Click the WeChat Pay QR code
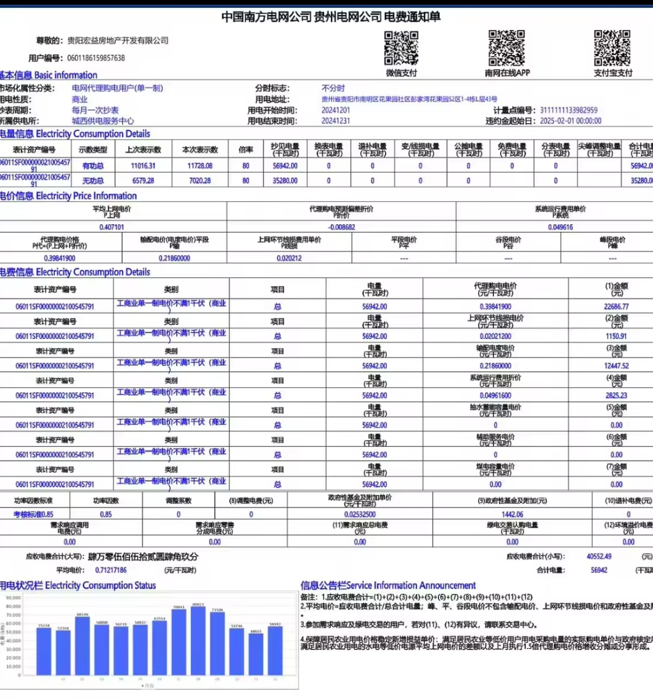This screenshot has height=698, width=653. [x=401, y=48]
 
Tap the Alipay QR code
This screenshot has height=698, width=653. [x=612, y=48]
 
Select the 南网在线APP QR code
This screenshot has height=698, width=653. [x=507, y=48]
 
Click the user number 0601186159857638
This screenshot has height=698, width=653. [x=96, y=58]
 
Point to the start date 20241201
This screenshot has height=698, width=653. [x=336, y=110]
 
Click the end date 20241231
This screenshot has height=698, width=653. [x=336, y=121]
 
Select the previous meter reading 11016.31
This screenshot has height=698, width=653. [x=143, y=166]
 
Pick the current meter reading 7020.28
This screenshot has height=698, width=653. [x=200, y=181]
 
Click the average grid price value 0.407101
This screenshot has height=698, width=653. [x=112, y=227]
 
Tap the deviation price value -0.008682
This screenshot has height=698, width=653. [x=342, y=227]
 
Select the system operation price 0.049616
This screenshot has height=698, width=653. [x=560, y=227]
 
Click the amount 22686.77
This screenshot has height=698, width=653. [x=616, y=306]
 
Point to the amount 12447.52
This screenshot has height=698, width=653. [x=616, y=366]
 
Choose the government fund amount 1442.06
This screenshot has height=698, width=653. [x=512, y=514]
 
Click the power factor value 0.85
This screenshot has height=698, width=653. [x=106, y=514]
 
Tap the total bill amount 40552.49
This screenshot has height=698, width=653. [x=599, y=557]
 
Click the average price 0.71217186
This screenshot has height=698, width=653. [x=111, y=570]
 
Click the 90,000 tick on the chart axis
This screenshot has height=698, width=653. [x=13, y=598]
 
